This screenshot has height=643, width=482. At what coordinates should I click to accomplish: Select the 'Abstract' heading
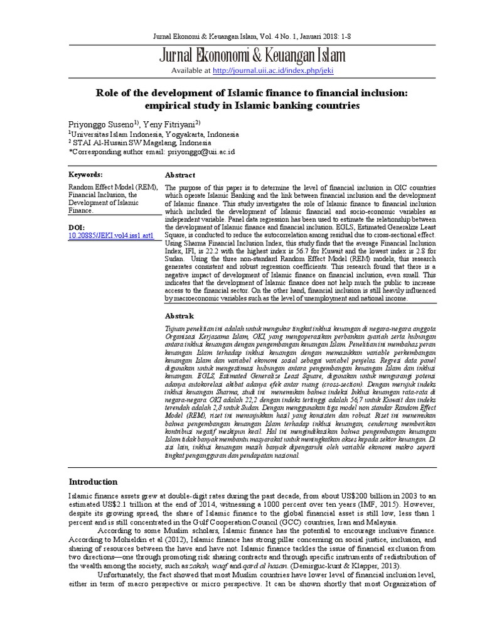click(x=179, y=175)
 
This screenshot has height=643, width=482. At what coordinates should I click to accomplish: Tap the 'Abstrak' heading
click(x=179, y=316)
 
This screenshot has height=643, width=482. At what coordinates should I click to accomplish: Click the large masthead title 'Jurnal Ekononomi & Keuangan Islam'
click(x=241, y=56)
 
